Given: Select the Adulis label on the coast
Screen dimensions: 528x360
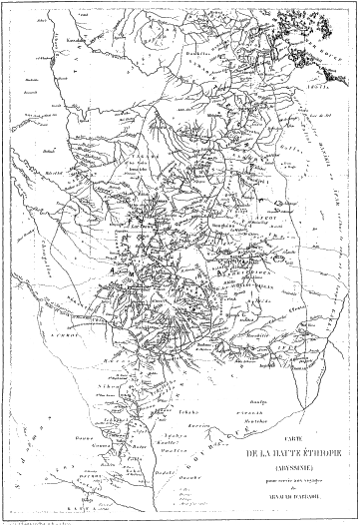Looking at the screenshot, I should (291, 89).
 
